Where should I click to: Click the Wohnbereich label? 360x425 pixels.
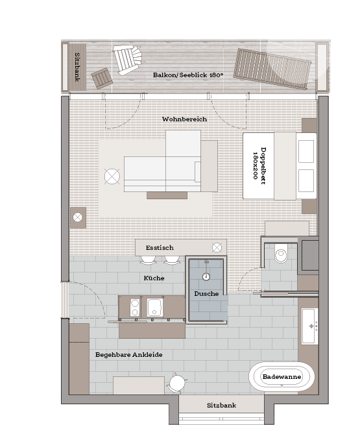click(184, 119)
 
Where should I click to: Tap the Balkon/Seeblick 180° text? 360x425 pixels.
click(188, 75)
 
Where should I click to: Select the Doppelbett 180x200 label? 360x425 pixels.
click(259, 165)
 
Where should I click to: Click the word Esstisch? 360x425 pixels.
click(160, 247)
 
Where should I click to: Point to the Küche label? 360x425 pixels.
click(154, 278)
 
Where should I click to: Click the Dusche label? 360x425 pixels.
click(206, 293)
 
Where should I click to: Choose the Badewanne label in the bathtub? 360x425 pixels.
click(282, 376)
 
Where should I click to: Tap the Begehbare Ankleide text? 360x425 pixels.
click(128, 354)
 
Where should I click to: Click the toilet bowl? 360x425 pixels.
click(281, 254)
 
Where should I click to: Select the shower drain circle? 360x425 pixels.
click(206, 276)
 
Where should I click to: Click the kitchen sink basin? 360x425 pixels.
click(155, 308)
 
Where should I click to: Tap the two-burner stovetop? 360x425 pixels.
click(135, 308)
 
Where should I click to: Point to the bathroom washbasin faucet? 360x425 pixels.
click(311, 326)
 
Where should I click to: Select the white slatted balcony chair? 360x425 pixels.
click(127, 60)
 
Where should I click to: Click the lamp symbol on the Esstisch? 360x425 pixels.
click(217, 247)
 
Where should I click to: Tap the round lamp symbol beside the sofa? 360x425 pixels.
click(112, 176)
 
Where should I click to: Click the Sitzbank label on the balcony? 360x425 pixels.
click(77, 67)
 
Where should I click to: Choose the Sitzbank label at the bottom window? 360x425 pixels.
click(221, 406)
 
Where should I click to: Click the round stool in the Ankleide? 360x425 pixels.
click(178, 383)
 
